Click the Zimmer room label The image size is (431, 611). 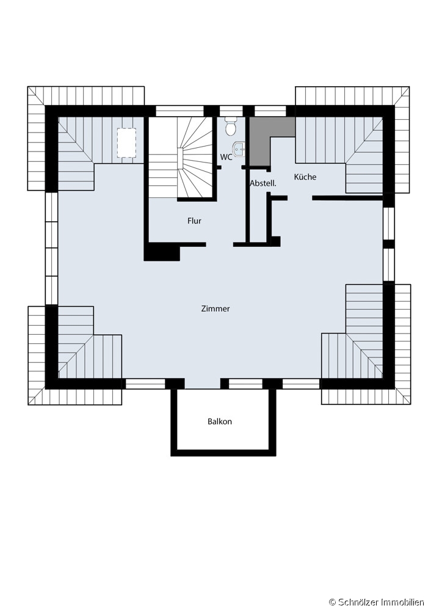[215, 309]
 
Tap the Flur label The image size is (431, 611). [194, 221]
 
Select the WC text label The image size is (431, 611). [226, 157]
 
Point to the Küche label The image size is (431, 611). [305, 177]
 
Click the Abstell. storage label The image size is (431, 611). [263, 183]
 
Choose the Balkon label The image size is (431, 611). [220, 422]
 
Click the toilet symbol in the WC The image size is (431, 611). [231, 125]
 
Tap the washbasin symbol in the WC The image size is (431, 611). [239, 148]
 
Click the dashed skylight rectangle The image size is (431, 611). [126, 142]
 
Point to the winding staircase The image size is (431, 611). [181, 158]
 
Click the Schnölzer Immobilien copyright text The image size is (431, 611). [377, 602]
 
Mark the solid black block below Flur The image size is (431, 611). [162, 252]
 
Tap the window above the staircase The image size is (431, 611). [180, 111]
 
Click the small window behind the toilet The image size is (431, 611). [231, 111]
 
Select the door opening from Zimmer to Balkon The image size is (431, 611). [203, 384]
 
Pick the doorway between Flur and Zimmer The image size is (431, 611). [220, 245]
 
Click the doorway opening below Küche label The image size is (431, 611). [300, 199]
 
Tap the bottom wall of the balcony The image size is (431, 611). [223, 453]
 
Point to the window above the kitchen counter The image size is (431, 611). [270, 111]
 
